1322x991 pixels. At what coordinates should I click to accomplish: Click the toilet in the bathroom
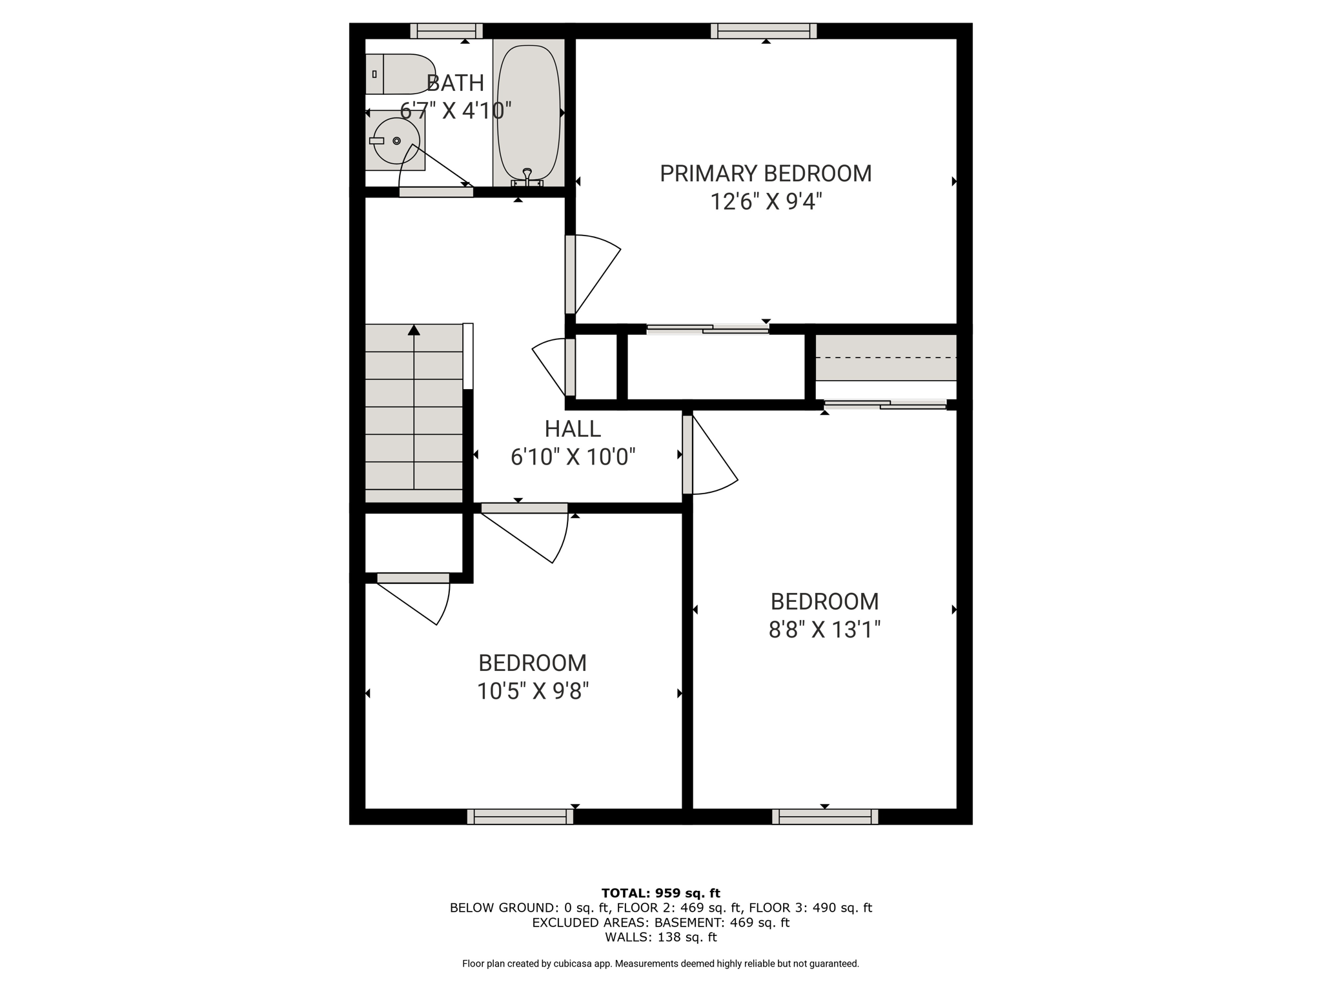tap(400, 74)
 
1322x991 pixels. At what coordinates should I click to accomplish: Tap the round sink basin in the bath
tap(396, 141)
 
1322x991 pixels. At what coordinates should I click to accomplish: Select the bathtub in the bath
tap(529, 113)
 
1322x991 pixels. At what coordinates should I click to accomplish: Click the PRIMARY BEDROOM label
tap(766, 174)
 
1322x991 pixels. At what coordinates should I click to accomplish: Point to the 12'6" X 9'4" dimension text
tap(766, 202)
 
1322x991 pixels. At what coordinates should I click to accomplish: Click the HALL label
tap(573, 429)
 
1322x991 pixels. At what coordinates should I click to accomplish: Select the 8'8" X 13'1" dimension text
tap(824, 629)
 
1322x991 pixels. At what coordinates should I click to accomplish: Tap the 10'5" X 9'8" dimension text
tap(533, 691)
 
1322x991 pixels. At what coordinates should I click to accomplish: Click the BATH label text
tap(455, 83)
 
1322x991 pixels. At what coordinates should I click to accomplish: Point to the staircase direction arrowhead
tap(414, 330)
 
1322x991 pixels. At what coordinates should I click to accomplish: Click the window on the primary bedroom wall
tap(764, 31)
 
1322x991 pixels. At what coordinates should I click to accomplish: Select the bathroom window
tap(447, 31)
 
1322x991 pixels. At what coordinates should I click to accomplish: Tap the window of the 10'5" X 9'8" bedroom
tap(520, 817)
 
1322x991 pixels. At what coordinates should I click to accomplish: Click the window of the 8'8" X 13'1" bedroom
tap(825, 817)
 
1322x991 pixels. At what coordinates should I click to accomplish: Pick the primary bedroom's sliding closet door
tap(707, 329)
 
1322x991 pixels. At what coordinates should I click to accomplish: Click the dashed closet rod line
tap(886, 357)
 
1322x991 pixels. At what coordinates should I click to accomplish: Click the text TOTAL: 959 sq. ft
tap(661, 893)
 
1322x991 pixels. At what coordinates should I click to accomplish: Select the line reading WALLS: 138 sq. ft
tap(661, 937)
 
